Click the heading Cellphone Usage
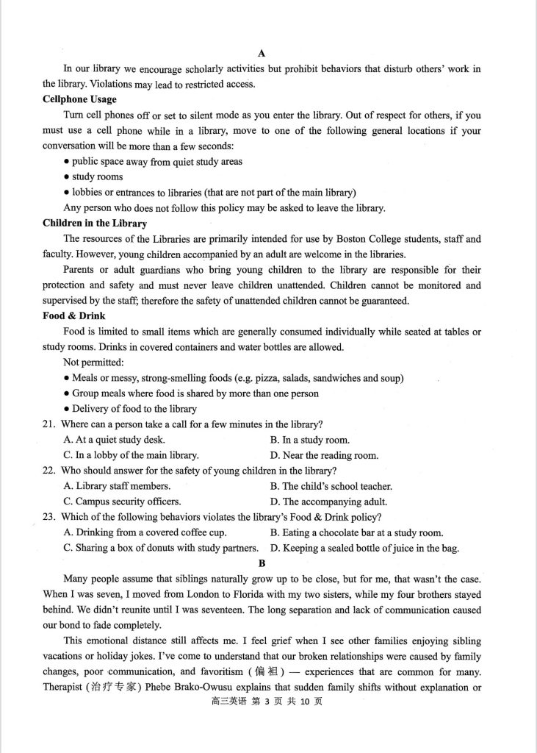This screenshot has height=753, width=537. point(79,99)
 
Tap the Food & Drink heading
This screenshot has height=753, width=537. point(73,315)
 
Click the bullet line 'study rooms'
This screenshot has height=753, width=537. point(97,177)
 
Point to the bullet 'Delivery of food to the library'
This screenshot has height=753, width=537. point(134,409)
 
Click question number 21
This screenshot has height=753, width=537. point(50,424)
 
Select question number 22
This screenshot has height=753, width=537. point(50,471)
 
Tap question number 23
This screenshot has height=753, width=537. point(50,517)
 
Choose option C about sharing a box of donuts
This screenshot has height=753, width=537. point(161,548)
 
